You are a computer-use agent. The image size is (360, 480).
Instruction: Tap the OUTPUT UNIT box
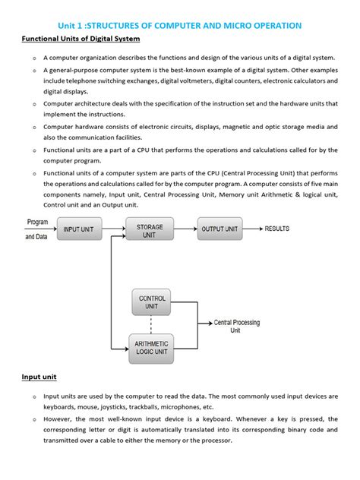click(219, 229)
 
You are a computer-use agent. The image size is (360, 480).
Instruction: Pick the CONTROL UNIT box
click(152, 302)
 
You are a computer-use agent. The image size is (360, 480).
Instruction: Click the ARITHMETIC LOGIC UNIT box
click(152, 347)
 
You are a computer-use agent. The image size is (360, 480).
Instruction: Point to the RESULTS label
click(282, 229)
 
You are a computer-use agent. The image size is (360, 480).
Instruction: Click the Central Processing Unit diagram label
click(236, 327)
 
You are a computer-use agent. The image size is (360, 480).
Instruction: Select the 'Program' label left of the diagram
click(38, 223)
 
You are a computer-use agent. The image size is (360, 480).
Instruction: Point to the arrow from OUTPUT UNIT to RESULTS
click(253, 229)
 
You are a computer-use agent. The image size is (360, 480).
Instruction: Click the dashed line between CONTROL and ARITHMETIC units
click(152, 324)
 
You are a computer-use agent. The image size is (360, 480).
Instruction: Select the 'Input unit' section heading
click(39, 377)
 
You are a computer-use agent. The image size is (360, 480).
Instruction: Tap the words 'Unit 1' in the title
click(75, 25)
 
